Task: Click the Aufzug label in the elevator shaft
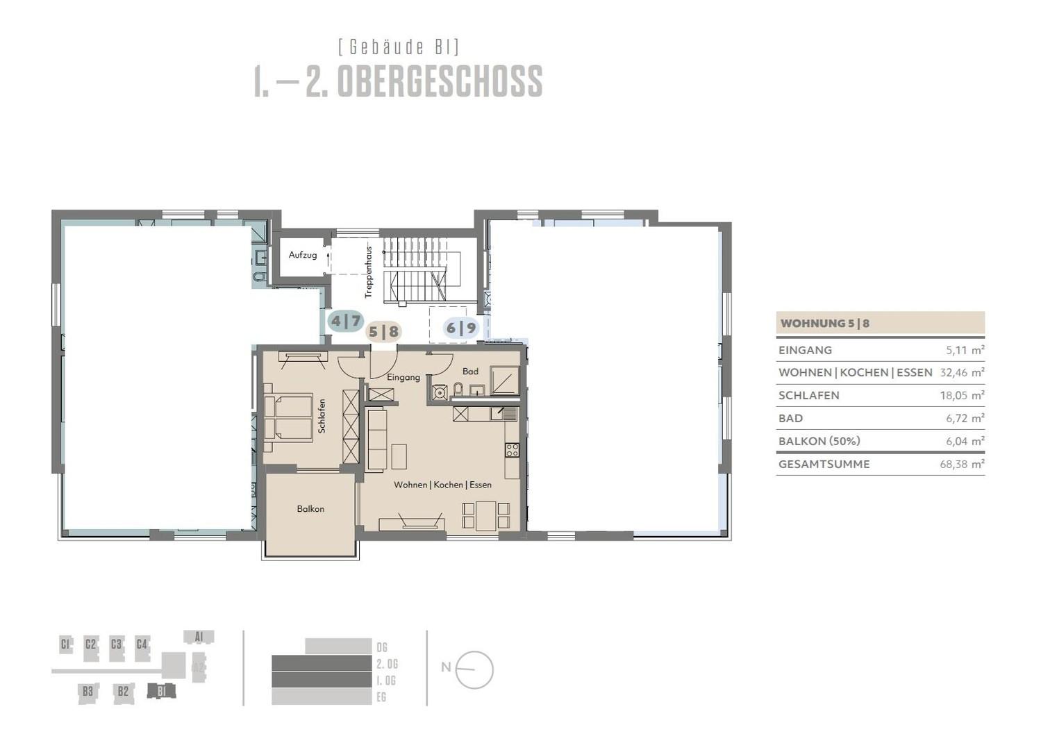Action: pyautogui.click(x=303, y=255)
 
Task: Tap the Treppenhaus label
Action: pyautogui.click(x=368, y=272)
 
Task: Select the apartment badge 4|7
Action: pyautogui.click(x=346, y=321)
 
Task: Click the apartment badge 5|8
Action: pyautogui.click(x=383, y=331)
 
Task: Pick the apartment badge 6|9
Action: pyautogui.click(x=461, y=328)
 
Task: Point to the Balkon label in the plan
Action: pyautogui.click(x=310, y=509)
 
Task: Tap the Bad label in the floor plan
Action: pyautogui.click(x=470, y=371)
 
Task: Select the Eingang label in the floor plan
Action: pyautogui.click(x=403, y=377)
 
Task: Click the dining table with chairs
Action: pyautogui.click(x=485, y=515)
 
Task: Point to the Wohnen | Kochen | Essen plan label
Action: pyautogui.click(x=442, y=485)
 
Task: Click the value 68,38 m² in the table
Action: pyautogui.click(x=962, y=464)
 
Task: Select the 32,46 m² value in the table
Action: pyautogui.click(x=962, y=372)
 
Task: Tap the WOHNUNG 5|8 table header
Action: pyautogui.click(x=825, y=323)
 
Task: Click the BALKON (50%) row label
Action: pyautogui.click(x=819, y=441)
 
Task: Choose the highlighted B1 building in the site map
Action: pyautogui.click(x=161, y=691)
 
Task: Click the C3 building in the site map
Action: pyautogui.click(x=116, y=644)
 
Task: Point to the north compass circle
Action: pyautogui.click(x=474, y=670)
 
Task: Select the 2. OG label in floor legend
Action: pyautogui.click(x=387, y=664)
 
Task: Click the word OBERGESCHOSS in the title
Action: pyautogui.click(x=439, y=82)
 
